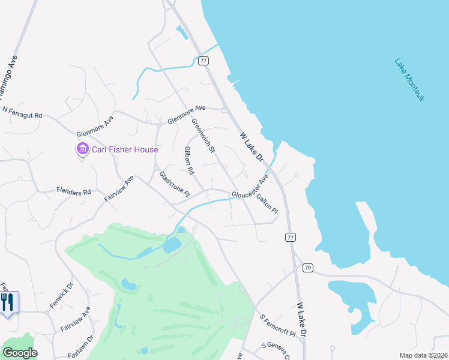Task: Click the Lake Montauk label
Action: [x=409, y=79]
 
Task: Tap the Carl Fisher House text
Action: [x=125, y=149]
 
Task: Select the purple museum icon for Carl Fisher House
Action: [x=82, y=149]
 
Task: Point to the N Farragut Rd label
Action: [x=23, y=112]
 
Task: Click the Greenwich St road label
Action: [x=203, y=134]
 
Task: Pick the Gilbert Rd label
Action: [x=189, y=160]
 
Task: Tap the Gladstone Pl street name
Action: [x=174, y=184]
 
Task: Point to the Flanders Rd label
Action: [x=73, y=192]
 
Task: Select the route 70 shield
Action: [x=307, y=267]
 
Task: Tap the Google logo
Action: [x=20, y=353]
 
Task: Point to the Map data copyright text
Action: [x=423, y=355]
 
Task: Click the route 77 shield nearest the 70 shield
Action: [x=291, y=238]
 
